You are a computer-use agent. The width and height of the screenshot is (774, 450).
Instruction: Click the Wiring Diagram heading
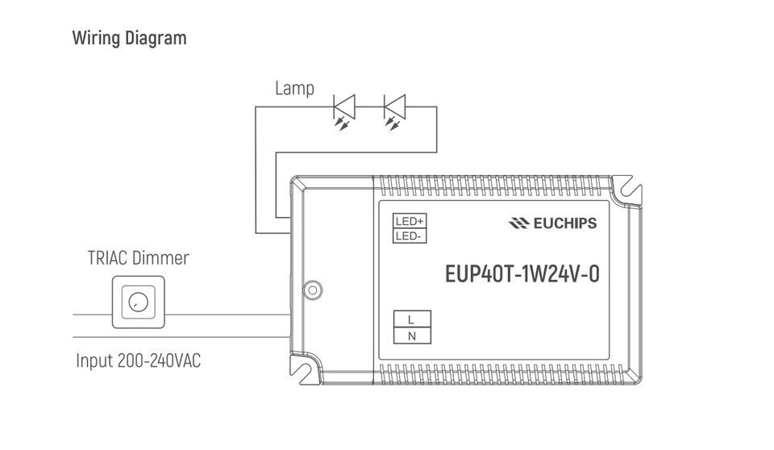click(x=129, y=38)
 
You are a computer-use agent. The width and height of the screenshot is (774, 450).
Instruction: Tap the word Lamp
click(x=294, y=88)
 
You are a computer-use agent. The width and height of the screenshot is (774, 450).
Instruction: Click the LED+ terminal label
click(x=410, y=221)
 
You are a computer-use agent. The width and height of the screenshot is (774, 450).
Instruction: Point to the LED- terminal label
click(x=410, y=235)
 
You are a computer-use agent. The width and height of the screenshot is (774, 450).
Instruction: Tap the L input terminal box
click(x=412, y=319)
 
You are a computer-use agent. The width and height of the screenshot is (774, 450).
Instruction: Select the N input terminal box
click(x=412, y=335)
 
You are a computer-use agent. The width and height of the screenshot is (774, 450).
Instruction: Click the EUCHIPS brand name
click(x=564, y=223)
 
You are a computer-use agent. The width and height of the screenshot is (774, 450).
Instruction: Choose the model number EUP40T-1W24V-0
click(x=522, y=273)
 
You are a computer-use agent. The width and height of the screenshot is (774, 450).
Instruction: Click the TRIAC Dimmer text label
click(x=138, y=258)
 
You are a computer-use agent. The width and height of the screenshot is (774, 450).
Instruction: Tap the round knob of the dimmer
click(x=138, y=302)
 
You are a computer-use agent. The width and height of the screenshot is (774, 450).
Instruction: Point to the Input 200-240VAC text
click(x=138, y=360)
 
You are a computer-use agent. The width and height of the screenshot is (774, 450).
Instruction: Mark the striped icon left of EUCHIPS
click(x=518, y=223)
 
